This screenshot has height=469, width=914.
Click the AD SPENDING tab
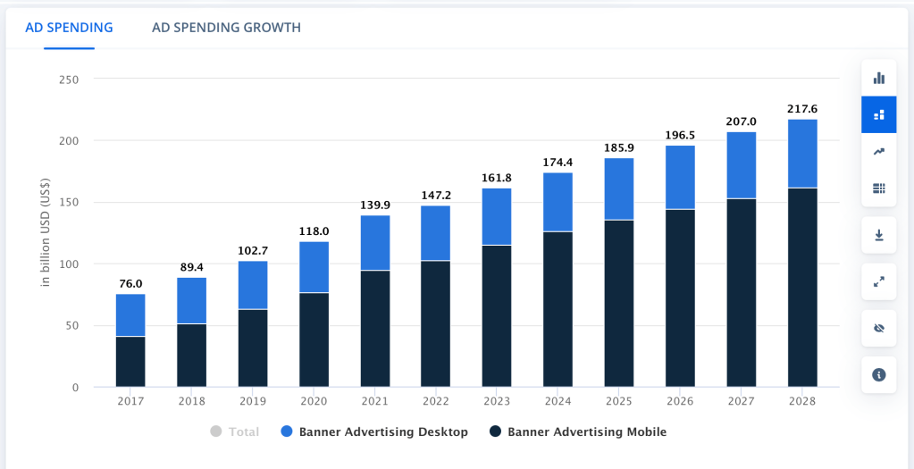[69, 28]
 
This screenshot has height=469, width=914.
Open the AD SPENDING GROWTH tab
[226, 28]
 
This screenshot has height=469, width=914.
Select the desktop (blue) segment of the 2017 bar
[130, 314]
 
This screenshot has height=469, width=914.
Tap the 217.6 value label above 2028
[802, 109]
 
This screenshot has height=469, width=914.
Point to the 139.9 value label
[375, 205]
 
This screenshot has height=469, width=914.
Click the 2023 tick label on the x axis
[497, 401]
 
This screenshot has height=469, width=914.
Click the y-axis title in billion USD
[45, 233]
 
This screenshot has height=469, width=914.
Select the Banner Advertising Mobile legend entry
[578, 432]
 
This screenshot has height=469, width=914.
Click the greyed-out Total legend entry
[235, 432]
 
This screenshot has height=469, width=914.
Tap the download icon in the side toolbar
[878, 235]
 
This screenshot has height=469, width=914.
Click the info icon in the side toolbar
[878, 374]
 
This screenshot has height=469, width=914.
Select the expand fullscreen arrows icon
[878, 281]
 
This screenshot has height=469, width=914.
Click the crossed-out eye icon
[878, 328]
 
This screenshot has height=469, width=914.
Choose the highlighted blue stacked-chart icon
[878, 114]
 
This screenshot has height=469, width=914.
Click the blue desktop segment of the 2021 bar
[375, 242]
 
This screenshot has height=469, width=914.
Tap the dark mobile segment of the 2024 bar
[558, 308]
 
